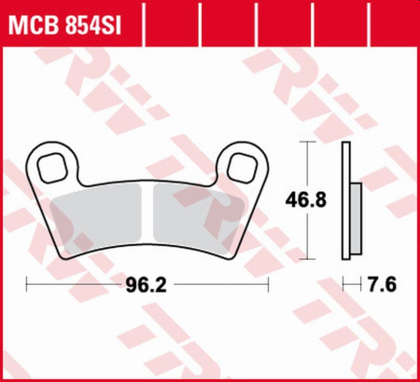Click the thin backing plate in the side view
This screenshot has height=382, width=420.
click(x=347, y=200)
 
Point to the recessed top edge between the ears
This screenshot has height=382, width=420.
click(x=149, y=183)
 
